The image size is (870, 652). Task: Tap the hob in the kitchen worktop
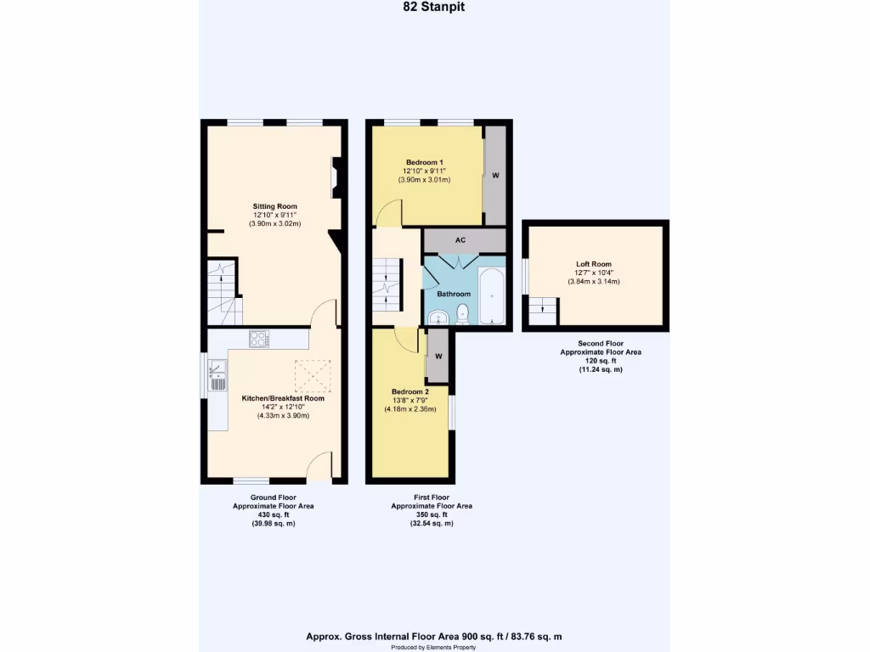click(x=259, y=339)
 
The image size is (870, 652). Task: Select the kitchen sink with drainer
click(x=217, y=374)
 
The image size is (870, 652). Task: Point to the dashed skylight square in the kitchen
click(x=311, y=374)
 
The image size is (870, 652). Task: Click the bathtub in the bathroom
click(x=492, y=296)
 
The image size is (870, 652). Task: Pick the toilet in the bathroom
click(x=463, y=313)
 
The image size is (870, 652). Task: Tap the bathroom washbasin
click(x=438, y=318)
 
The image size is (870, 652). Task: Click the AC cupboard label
click(x=460, y=240)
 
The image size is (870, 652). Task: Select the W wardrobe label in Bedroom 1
click(x=494, y=176)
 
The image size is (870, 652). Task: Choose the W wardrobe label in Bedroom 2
click(x=438, y=356)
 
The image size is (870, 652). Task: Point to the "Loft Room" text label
click(x=593, y=264)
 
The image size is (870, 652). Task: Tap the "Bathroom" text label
click(x=454, y=294)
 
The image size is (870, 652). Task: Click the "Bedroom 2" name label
click(x=410, y=391)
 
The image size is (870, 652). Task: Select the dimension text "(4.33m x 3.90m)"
click(x=274, y=416)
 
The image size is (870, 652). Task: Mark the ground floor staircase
click(x=224, y=293)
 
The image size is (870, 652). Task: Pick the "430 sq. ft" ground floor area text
click(x=274, y=514)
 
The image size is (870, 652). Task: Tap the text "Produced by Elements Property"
click(x=434, y=647)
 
